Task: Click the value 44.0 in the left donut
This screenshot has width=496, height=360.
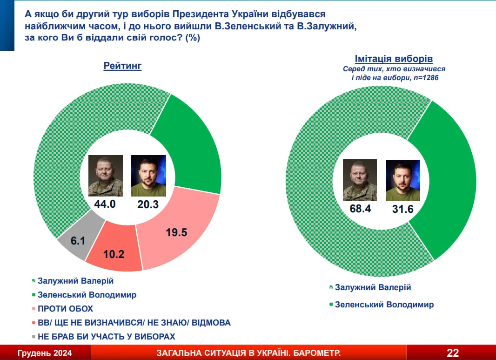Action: pyautogui.click(x=105, y=204)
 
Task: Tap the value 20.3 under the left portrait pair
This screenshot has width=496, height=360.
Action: pyautogui.click(x=148, y=204)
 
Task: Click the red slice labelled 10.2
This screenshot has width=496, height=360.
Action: pyautogui.click(x=114, y=250)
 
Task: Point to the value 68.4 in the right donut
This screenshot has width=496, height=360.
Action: pyautogui.click(x=360, y=209)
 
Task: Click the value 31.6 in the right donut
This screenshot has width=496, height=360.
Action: pyautogui.click(x=403, y=209)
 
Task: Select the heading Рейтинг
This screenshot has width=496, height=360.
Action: pyautogui.click(x=122, y=66)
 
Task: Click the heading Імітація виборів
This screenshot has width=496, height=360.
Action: pyautogui.click(x=394, y=59)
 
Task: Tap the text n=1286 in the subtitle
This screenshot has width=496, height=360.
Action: pyautogui.click(x=426, y=78)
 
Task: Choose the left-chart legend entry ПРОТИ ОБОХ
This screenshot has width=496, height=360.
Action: pyautogui.click(x=66, y=309)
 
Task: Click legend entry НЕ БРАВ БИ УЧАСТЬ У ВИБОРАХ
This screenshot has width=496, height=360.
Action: pyautogui.click(x=106, y=337)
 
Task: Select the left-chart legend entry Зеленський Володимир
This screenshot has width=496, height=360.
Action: pyautogui.click(x=87, y=295)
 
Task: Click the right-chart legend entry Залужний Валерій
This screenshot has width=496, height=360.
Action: pyautogui.click(x=373, y=287)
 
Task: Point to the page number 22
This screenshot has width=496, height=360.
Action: pyautogui.click(x=453, y=353)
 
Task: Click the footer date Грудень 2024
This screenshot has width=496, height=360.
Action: pyautogui.click(x=45, y=353)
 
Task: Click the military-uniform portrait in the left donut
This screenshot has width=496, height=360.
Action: pyautogui.click(x=105, y=176)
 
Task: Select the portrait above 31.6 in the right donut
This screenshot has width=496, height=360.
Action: pyautogui.click(x=402, y=181)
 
